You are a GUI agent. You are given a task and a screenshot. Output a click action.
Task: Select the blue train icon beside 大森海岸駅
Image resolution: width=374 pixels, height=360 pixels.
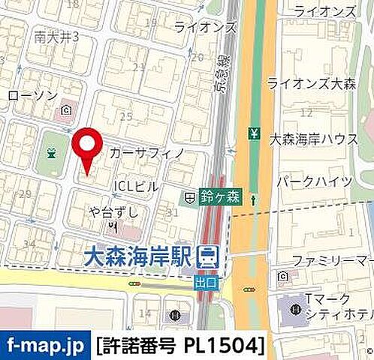pyautogui.click(x=205, y=256)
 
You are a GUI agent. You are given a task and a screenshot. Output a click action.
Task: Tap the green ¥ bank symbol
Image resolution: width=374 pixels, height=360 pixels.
pyautogui.click(x=254, y=135)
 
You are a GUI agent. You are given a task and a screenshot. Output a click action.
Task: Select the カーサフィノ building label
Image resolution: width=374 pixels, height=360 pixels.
pyautogui.click(x=148, y=153)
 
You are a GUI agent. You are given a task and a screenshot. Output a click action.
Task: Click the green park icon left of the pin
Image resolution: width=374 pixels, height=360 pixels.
pyautogui.click(x=51, y=154)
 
